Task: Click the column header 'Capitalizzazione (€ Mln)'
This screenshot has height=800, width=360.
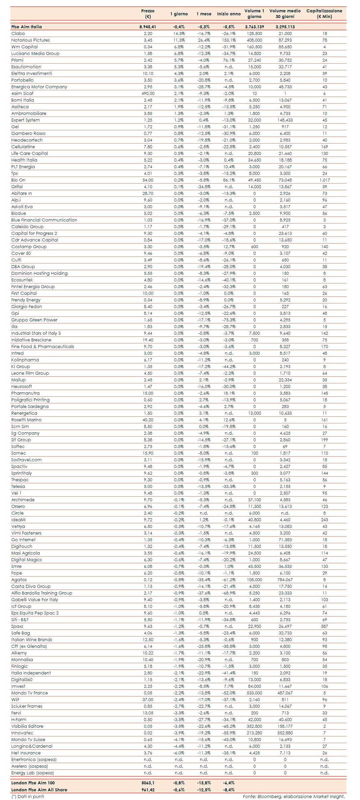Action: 324,14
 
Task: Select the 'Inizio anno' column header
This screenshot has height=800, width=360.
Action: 229,14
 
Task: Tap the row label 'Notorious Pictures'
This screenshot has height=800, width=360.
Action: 30,40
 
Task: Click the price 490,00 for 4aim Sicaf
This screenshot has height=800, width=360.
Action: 148,94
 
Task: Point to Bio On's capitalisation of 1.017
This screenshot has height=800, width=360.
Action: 324,180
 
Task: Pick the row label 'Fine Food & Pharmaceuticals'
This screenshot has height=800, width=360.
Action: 43,347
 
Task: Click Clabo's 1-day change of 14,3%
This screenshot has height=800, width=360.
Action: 179,34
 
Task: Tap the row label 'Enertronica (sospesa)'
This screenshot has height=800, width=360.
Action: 34,760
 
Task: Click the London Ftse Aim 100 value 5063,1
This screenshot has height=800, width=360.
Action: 148,783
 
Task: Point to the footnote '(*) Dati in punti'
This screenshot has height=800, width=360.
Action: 28,796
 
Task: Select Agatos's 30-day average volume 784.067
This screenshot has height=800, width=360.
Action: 285,580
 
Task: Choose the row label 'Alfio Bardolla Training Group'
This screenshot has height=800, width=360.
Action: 42,593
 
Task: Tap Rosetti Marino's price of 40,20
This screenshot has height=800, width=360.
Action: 148,420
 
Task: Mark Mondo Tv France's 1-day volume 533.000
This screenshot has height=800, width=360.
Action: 254,693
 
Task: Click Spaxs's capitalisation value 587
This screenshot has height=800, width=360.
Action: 324,626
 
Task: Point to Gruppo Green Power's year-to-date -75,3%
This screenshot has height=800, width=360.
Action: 229,320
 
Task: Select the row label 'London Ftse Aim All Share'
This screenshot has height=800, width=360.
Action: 39,790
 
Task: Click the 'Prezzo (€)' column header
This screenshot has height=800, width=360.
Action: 148,14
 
